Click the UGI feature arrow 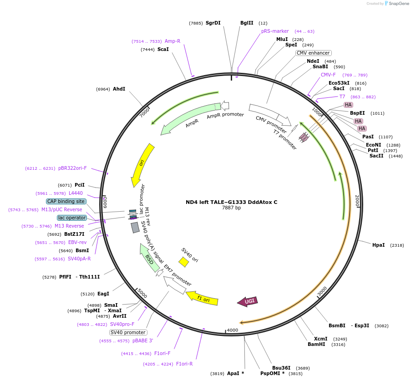pyautogui.click(x=248, y=301)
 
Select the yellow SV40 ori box pyautogui.click(x=183, y=262)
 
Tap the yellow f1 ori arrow pyautogui.click(x=202, y=299)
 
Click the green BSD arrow pyautogui.click(x=149, y=258)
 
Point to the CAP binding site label pyautogui.click(x=66, y=201)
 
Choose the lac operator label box pyautogui.click(x=72, y=218)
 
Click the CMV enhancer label pyautogui.click(x=313, y=53)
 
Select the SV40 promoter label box pyautogui.click(x=128, y=332)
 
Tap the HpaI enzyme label pyautogui.click(x=378, y=245)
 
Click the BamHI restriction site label pyautogui.click(x=316, y=344)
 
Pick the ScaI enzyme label pyautogui.click(x=163, y=49)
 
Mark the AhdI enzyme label pyautogui.click(x=119, y=89)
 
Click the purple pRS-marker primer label pyautogui.click(x=275, y=31)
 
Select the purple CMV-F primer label pyautogui.click(x=328, y=75)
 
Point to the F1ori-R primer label pyautogui.click(x=184, y=364)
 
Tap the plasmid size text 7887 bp pyautogui.click(x=231, y=208)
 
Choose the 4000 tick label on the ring pyautogui.click(x=232, y=330)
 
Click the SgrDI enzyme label pyautogui.click(x=213, y=23)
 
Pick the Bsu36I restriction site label pyautogui.click(x=281, y=368)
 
